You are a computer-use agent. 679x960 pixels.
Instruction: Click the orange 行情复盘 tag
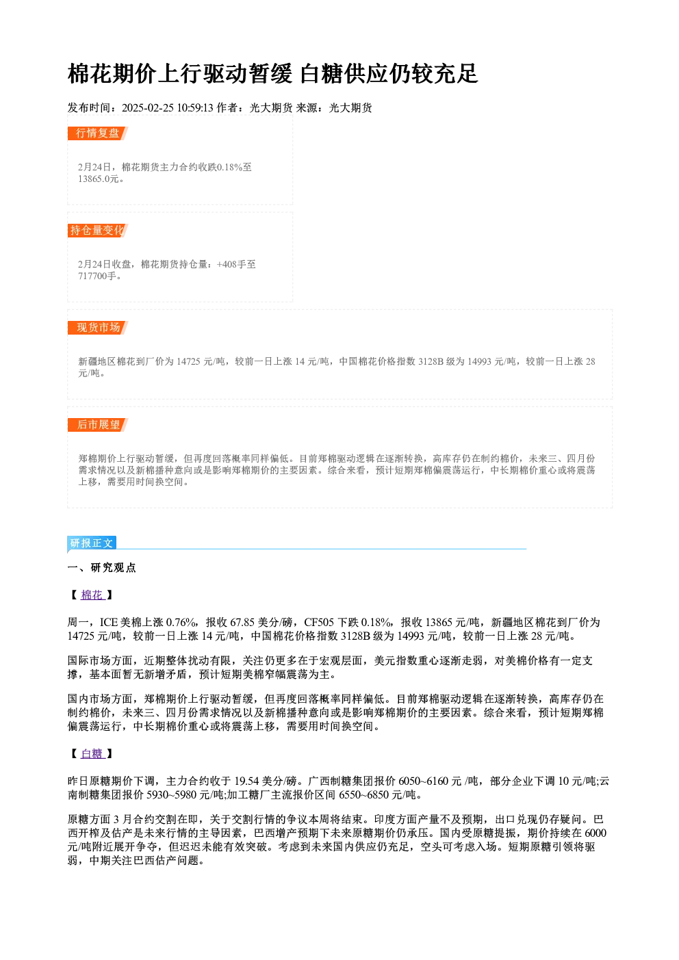97,133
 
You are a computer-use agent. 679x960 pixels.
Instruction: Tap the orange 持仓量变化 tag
97,231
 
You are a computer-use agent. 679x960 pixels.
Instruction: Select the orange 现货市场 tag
98,328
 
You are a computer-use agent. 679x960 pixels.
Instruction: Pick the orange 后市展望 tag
98,425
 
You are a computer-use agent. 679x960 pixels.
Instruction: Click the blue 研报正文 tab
92,543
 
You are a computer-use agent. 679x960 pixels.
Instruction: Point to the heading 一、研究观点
101,568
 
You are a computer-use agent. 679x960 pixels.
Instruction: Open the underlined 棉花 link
92,595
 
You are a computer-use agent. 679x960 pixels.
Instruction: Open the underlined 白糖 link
92,754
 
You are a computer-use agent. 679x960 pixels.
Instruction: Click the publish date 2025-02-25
147,108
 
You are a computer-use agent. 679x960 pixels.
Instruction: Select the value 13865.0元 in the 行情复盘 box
98,179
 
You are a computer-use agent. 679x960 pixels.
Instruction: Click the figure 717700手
97,276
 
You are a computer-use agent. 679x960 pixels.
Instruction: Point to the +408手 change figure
231,264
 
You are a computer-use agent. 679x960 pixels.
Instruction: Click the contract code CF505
319,622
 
